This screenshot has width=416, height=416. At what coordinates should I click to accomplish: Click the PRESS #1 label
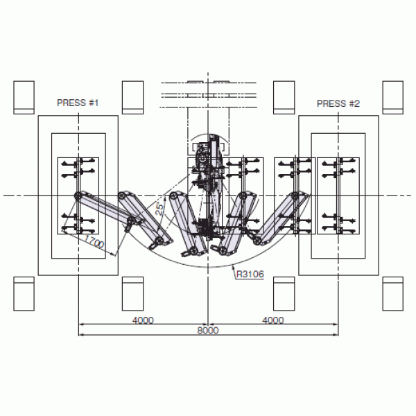pyautogui.click(x=78, y=103)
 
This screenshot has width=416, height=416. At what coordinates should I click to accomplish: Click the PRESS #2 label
pyautogui.click(x=338, y=103)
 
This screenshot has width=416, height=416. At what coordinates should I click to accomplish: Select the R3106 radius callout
pyautogui.click(x=250, y=274)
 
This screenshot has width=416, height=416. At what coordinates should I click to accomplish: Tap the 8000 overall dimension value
pyautogui.click(x=208, y=330)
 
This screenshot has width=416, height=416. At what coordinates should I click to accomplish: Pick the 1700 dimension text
pyautogui.click(x=94, y=241)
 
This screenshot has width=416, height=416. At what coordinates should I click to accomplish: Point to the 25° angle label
pyautogui.click(x=159, y=209)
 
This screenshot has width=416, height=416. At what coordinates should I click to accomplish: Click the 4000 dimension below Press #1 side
pyautogui.click(x=143, y=320)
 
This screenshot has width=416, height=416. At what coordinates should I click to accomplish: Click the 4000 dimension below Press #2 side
pyautogui.click(x=273, y=320)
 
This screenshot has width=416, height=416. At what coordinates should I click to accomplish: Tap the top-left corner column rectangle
pyautogui.click(x=24, y=98)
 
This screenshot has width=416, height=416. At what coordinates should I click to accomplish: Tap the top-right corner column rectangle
pyautogui.click(x=393, y=98)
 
